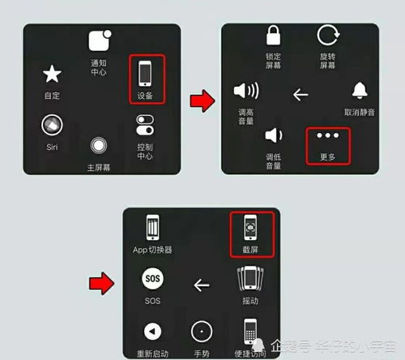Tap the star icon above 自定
pyautogui.click(x=52, y=74)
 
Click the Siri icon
pyautogui.click(x=52, y=125)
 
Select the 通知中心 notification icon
pyautogui.click(x=100, y=41)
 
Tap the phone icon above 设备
pyautogui.click(x=145, y=73)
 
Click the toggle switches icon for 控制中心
pyautogui.click(x=145, y=125)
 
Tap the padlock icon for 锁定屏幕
pyautogui.click(x=274, y=35)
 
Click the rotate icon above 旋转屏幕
pyautogui.click(x=328, y=35)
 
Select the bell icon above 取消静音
pyautogui.click(x=360, y=91)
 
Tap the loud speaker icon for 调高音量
pyautogui.click(x=246, y=91)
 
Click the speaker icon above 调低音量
pyautogui.click(x=274, y=135)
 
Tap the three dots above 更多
pyautogui.click(x=328, y=135)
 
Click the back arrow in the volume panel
pyautogui.click(x=301, y=95)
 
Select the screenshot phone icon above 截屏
pyautogui.click(x=250, y=227)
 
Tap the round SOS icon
pyautogui.click(x=152, y=278)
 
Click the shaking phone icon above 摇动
pyautogui.click(x=250, y=278)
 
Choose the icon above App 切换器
pyautogui.click(x=152, y=227)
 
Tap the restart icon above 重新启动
pyautogui.click(x=152, y=332)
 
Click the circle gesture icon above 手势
pyautogui.click(x=202, y=321)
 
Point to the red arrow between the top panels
pyautogui.click(x=202, y=101)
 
